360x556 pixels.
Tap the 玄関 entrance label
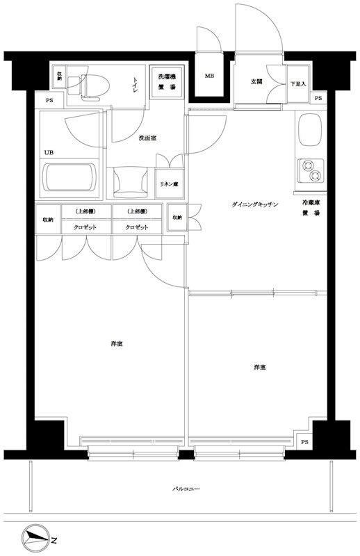coord(256,81)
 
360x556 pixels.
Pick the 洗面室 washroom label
coord(147,138)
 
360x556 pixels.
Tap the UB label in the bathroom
coord(49,152)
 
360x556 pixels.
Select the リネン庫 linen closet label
coord(168,184)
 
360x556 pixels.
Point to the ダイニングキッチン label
coord(255,204)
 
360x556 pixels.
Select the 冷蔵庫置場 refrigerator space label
coord(311,208)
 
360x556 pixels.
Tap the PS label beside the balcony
coord(304,442)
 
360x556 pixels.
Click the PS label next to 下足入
coord(318,98)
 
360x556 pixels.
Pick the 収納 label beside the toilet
coord(60,75)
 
